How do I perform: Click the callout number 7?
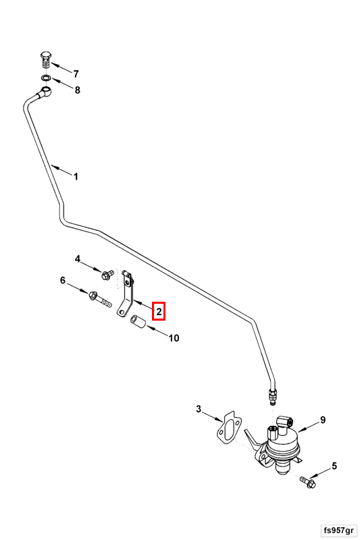pos(76,74)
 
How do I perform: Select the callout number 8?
pos(78,90)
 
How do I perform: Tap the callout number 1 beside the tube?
pos(76,177)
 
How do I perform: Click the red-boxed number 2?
pos(159,312)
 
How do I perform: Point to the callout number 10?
pos(174,338)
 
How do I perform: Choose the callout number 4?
pos(78,259)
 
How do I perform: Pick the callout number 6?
pos(62,280)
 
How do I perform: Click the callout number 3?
pos(199,409)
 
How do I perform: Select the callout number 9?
pos(323,420)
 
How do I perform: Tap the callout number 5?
pos(334,466)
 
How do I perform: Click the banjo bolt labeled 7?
pos(45,61)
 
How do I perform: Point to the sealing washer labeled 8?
pos(45,78)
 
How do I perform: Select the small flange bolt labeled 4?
pos(106,275)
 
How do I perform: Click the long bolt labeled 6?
pos(100,300)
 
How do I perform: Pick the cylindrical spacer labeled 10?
pos(138,322)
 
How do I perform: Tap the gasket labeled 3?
pos(228,427)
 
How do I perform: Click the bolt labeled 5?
pos(307,482)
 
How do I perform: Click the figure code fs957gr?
pos(338,530)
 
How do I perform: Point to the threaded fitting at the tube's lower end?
pos(272,396)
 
